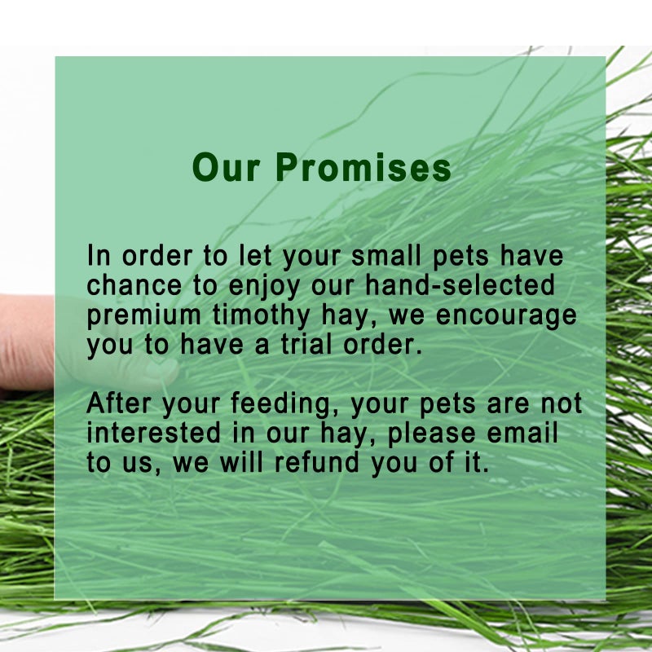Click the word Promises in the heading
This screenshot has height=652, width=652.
pyautogui.click(x=363, y=168)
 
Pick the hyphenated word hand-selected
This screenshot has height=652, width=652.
pyautogui.click(x=460, y=285)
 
